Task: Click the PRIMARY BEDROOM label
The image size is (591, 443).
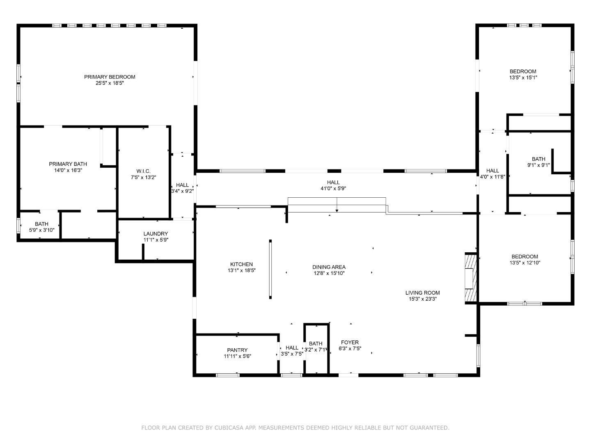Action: tap(110, 77)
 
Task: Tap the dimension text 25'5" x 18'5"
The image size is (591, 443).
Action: tap(110, 83)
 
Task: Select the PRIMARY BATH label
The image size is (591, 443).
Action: tap(68, 164)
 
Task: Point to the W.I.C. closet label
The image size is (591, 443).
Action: tap(143, 171)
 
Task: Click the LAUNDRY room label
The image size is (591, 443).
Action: tap(156, 234)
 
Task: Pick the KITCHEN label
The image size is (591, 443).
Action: tap(241, 265)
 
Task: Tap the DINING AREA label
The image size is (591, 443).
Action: tap(329, 267)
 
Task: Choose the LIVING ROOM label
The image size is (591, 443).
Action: tap(422, 293)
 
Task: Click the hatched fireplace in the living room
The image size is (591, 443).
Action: tap(470, 278)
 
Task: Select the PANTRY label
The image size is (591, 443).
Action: tap(237, 350)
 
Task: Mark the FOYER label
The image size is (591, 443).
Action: tap(350, 343)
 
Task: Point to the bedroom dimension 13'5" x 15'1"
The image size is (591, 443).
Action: tap(523, 78)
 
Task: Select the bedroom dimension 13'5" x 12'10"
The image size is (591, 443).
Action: tap(525, 263)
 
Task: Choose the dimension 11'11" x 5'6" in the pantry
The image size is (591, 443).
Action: tap(237, 356)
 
